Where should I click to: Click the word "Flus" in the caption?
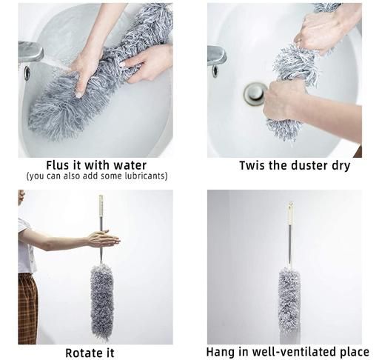(x=57, y=165)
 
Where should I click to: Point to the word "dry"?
(x=341, y=166)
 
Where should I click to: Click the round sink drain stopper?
(x=255, y=94)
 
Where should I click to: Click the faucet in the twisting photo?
(x=216, y=56)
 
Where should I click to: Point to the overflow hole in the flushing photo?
(x=27, y=73)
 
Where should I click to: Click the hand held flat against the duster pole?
(x=103, y=239)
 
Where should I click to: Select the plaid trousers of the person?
(x=28, y=308)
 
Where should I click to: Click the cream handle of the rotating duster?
(x=101, y=206)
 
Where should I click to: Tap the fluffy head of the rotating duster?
(x=102, y=301)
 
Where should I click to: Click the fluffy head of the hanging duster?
(x=289, y=301)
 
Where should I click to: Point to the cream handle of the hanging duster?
(x=291, y=213)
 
